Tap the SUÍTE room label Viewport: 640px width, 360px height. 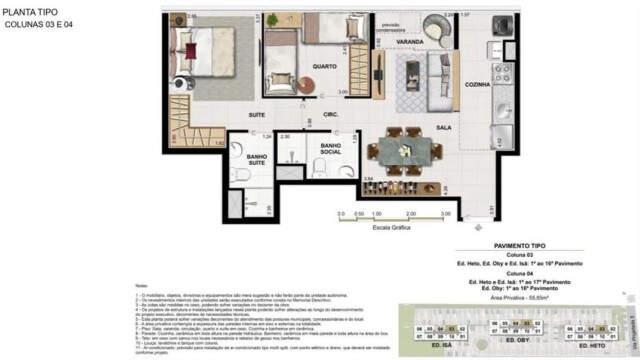[x=256, y=116]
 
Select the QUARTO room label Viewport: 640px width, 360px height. [x=323, y=67]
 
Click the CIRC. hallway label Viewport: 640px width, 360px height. [x=331, y=116]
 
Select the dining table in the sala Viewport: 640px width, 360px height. [x=407, y=151]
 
